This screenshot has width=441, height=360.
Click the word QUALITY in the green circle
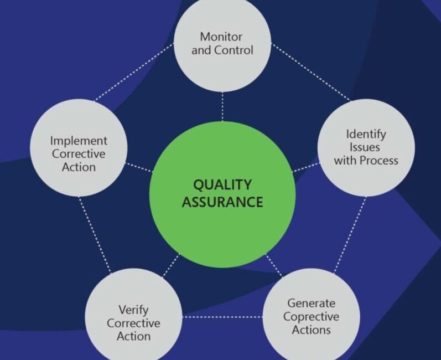(222, 184)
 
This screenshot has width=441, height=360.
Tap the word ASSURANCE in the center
(222, 202)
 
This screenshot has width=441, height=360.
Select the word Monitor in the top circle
(221, 37)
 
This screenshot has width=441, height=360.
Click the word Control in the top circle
(235, 50)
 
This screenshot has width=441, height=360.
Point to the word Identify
(366, 134)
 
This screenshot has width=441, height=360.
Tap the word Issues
(366, 147)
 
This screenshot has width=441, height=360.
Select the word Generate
(311, 303)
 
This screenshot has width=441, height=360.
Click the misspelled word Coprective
(311, 316)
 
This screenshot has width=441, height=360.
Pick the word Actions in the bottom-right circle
(311, 330)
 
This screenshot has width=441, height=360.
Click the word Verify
(133, 310)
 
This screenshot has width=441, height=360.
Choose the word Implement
(79, 141)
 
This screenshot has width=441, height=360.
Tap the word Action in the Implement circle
(79, 167)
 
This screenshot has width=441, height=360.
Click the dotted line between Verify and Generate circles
(221, 317)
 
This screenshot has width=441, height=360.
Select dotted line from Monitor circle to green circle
(222, 106)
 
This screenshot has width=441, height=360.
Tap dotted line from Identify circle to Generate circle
(350, 235)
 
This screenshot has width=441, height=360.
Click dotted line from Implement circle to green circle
(139, 167)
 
